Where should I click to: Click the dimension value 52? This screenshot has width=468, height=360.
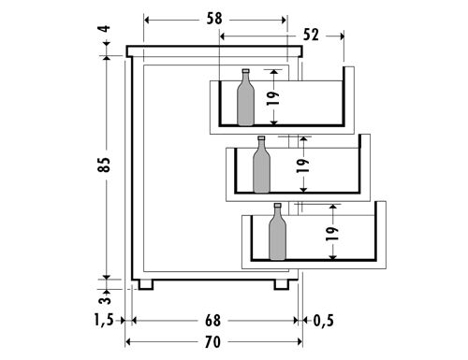pos(310,35)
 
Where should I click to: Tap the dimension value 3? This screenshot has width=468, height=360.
pos(104,298)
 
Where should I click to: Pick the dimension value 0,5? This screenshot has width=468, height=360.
pos(323,321)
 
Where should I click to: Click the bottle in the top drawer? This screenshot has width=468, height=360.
pos(245,99)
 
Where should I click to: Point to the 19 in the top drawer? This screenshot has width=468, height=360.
pos(274,97)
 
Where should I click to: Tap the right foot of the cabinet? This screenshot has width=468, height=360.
pos(283,282)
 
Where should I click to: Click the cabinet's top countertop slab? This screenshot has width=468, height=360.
pos(216,51)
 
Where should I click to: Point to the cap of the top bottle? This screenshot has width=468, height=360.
pos(245,72)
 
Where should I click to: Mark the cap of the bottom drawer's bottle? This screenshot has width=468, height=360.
pos(277,207)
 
